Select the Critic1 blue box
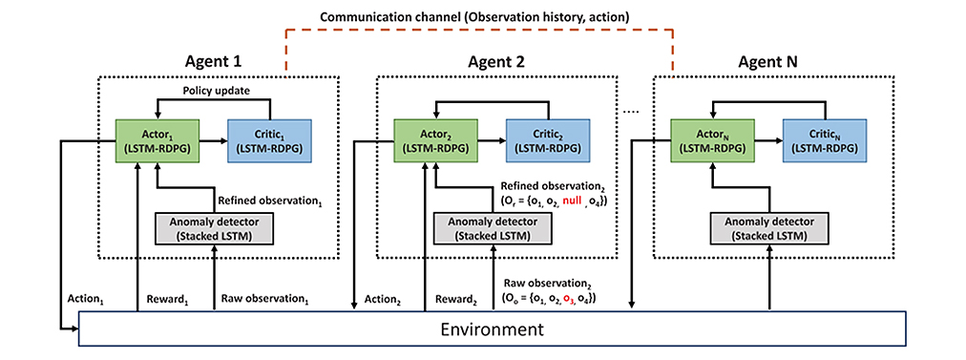pyautogui.click(x=270, y=141)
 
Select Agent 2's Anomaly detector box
pyautogui.click(x=493, y=228)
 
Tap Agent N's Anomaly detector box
pyautogui.click(x=769, y=228)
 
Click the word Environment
pyautogui.click(x=493, y=328)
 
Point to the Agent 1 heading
pyautogui.click(x=213, y=62)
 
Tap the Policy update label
pyautogui.click(x=215, y=91)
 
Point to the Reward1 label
pyautogui.click(x=166, y=300)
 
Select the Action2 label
pyautogui.click(x=382, y=300)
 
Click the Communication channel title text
pyautogui.click(x=473, y=16)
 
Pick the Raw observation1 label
pyautogui.click(x=264, y=300)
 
